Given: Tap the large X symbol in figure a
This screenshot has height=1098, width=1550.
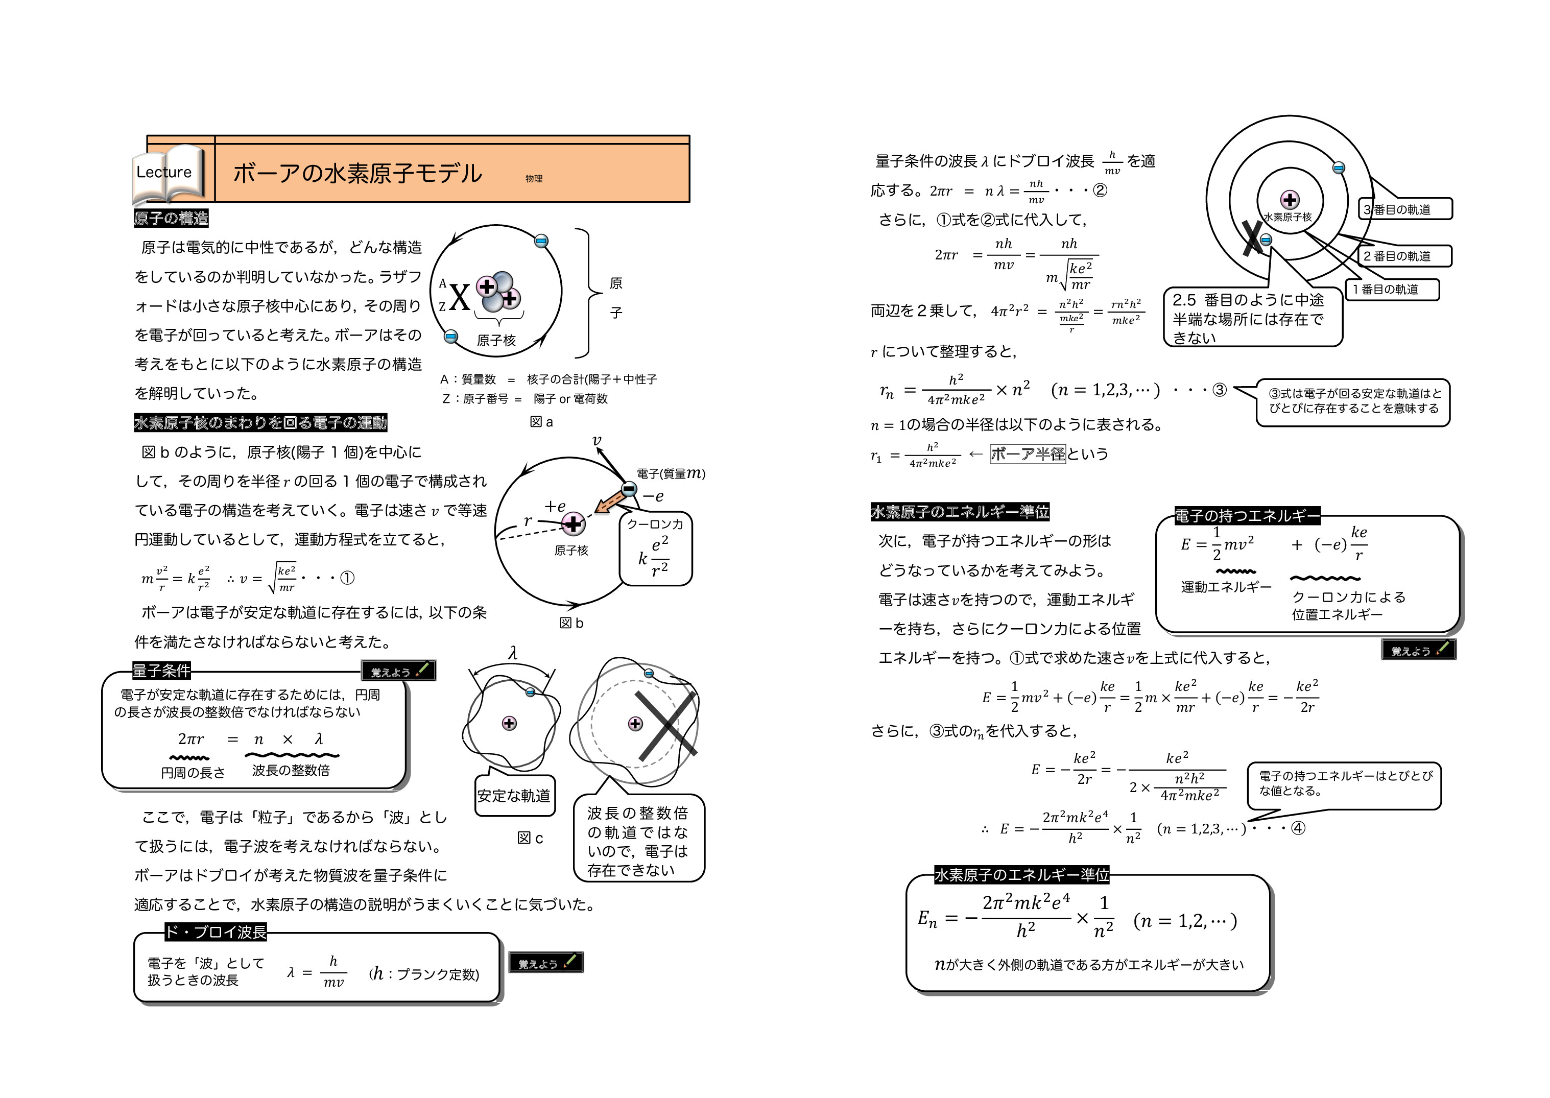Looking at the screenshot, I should click(x=460, y=298).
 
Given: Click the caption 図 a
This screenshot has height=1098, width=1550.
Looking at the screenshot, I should click(x=541, y=422).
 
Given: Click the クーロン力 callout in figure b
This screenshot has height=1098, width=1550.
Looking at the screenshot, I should click(x=655, y=547).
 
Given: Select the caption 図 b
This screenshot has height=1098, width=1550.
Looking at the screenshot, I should click(x=571, y=623).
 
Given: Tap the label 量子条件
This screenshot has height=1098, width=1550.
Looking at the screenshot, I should click(x=161, y=671).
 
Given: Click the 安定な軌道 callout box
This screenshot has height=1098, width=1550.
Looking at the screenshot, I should click(x=514, y=796).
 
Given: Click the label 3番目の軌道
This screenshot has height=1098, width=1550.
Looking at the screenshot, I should click(x=1404, y=209).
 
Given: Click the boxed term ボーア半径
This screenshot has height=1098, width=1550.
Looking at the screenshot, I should click(x=1028, y=453).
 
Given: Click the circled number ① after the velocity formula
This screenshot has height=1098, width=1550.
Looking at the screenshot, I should click(x=347, y=578).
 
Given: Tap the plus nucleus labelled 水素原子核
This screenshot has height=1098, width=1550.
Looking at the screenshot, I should click(x=1290, y=200).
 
